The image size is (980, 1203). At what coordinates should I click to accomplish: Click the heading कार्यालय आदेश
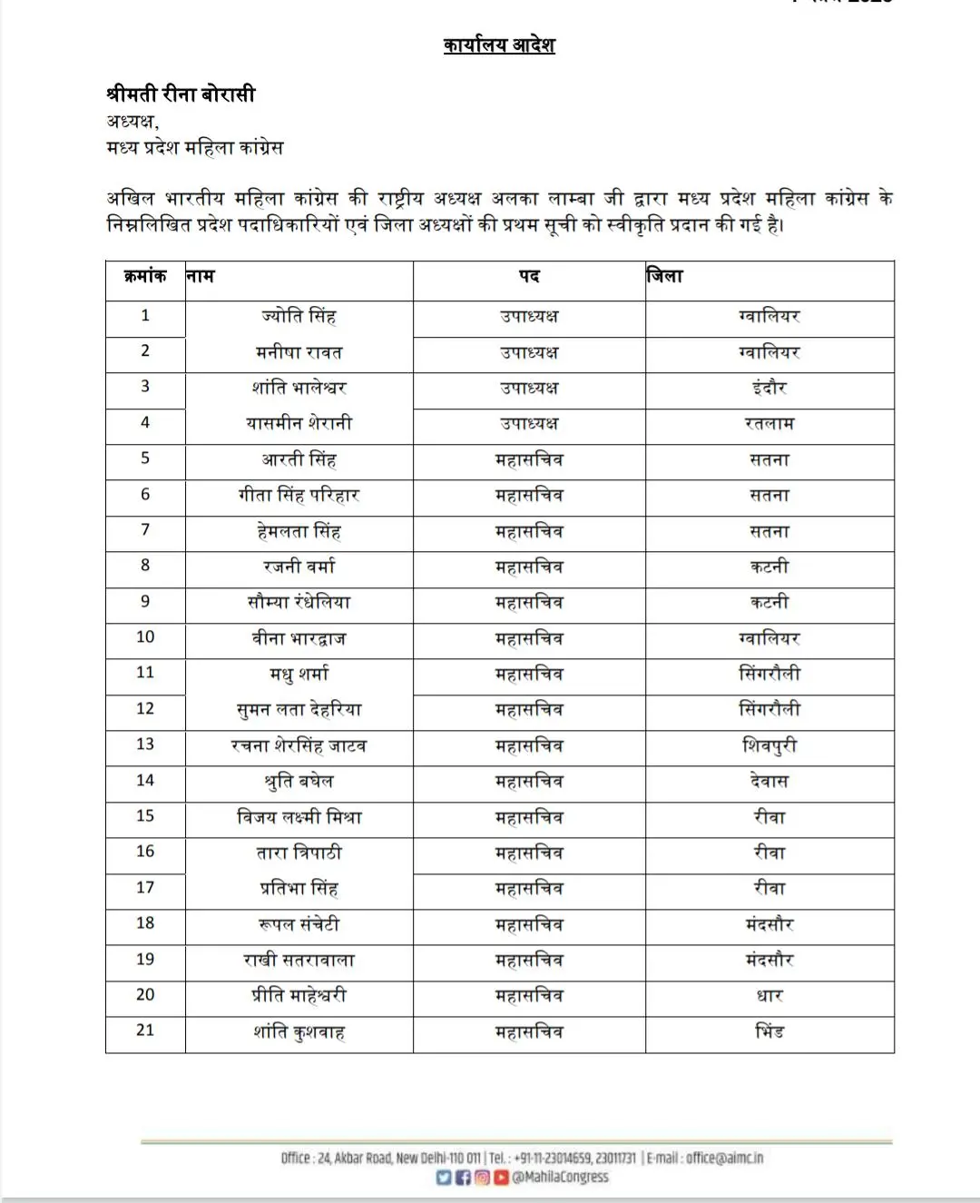[x=499, y=44]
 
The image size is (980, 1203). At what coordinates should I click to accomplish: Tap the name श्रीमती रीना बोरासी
[x=181, y=94]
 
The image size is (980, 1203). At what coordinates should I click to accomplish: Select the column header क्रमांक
[x=145, y=276]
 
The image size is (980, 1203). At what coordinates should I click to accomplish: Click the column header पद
[x=529, y=276]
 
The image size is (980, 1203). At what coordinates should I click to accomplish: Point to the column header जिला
[x=665, y=276]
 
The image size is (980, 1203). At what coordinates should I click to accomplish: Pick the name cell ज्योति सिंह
[x=299, y=316]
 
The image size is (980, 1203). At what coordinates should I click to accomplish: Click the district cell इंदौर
[x=769, y=388]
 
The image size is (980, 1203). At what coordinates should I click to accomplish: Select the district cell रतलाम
[x=769, y=423]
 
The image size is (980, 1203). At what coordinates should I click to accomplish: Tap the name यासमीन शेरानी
[x=299, y=423]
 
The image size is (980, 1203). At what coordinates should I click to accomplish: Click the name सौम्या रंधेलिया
[x=299, y=602]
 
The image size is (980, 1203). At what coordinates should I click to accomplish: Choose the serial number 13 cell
[x=145, y=744]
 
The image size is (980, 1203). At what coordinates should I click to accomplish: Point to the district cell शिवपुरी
[x=769, y=745]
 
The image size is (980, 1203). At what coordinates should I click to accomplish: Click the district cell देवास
[x=769, y=781]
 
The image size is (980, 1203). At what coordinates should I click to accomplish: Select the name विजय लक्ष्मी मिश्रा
[x=299, y=817]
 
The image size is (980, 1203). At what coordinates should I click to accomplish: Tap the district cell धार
[x=769, y=996]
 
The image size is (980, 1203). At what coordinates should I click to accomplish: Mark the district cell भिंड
[x=769, y=1031]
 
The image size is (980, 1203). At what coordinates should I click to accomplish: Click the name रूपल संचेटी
[x=299, y=924]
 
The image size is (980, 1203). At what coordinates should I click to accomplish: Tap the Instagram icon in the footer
[x=482, y=1178]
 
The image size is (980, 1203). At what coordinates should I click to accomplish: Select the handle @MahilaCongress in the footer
[x=560, y=1178]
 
